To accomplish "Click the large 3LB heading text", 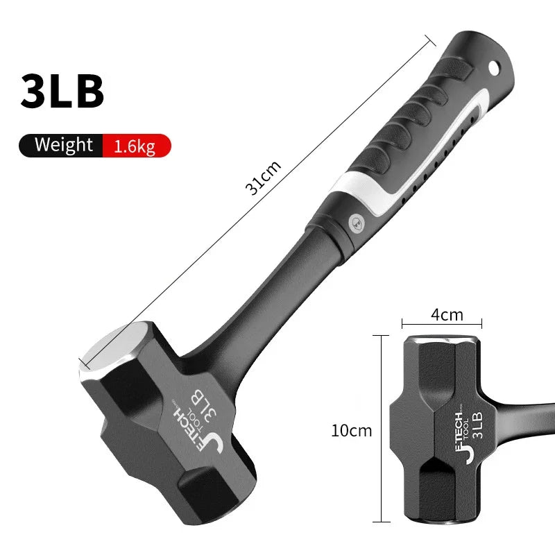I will pos(62,91).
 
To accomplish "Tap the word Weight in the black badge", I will pos(63,145).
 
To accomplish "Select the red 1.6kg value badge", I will pos(135,146).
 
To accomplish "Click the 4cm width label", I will pos(447,314).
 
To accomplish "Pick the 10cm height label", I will pos(352,430).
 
